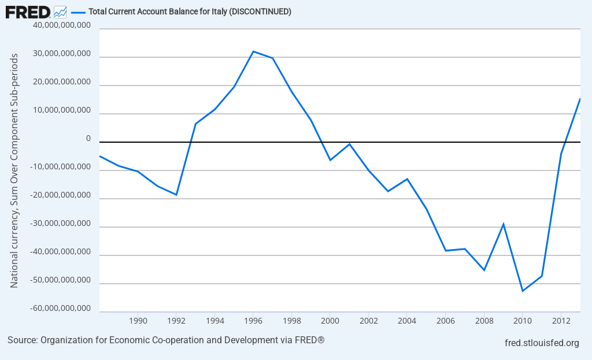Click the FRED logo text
tap(28, 12)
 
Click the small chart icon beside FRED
tap(60, 12)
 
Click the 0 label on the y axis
tap(88, 139)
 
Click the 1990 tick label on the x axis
tap(138, 320)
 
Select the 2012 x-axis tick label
tap(561, 320)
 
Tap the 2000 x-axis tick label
tap(330, 320)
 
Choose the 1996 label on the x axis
tap(253, 320)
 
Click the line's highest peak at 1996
tap(253, 51)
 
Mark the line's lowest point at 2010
tap(523, 291)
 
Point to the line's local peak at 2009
tap(504, 224)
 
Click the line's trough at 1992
tap(176, 195)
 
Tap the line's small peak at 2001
tap(349, 144)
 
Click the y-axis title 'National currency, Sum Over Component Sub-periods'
tap(14, 170)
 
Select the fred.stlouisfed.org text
tap(542, 343)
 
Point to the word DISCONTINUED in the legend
tap(261, 12)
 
